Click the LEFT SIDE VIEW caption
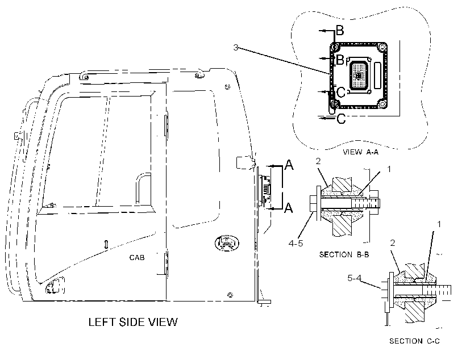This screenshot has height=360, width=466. [133, 322]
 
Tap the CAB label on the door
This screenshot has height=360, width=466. [137, 257]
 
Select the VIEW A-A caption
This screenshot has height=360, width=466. [360, 152]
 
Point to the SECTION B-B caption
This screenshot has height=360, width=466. [344, 254]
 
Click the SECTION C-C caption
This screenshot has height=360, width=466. [414, 341]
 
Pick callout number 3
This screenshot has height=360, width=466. [236, 48]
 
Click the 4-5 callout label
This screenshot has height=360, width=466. [296, 243]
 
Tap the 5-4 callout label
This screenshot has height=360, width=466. [354, 278]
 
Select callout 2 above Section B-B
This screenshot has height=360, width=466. [318, 161]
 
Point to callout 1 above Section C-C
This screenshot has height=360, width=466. [439, 224]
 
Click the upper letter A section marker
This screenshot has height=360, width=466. [289, 165]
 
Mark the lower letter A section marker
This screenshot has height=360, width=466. [289, 208]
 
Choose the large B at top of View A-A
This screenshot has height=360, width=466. [340, 30]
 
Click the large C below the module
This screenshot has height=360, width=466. [342, 119]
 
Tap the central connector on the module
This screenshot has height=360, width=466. [359, 76]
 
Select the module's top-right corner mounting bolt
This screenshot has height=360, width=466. [381, 47]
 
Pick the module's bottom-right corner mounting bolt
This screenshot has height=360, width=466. [382, 104]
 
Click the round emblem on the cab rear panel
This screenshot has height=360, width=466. [227, 243]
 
